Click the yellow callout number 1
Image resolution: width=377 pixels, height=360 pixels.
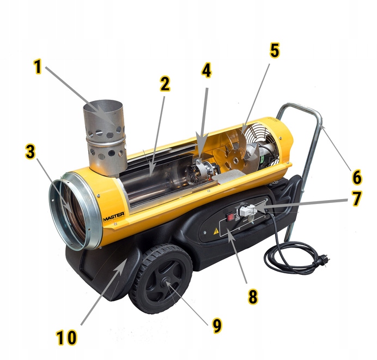pos(38,67)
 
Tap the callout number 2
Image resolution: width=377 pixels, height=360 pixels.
pos(165,84)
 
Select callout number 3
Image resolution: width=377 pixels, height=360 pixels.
pos(31,152)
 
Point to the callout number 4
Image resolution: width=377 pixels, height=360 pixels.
pos(206,70)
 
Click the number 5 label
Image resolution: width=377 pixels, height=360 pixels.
pos(275,51)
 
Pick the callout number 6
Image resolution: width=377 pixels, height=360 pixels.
pos(357,177)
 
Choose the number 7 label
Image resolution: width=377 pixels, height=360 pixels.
pos(357,199)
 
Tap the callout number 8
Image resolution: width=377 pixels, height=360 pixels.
pos(253,296)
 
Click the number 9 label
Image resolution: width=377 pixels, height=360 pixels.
pos(217,326)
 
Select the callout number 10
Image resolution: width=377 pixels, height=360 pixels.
pos(66,338)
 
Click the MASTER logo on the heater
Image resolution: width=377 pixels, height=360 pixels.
pos(114,216)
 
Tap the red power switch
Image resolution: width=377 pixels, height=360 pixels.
pos(231,217)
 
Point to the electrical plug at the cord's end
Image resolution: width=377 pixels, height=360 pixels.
pos(324,261)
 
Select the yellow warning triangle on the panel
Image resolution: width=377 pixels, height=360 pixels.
pos(216,231)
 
